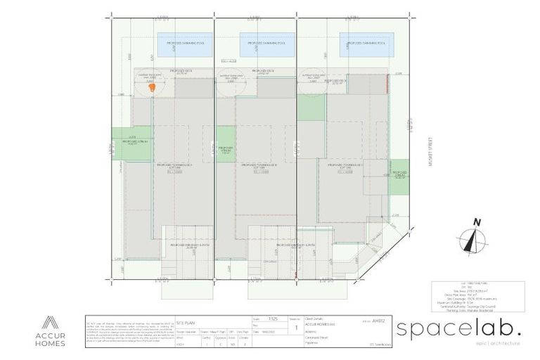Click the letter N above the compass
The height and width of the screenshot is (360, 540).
[x=477, y=223]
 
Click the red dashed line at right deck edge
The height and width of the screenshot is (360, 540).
[x=387, y=86]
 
